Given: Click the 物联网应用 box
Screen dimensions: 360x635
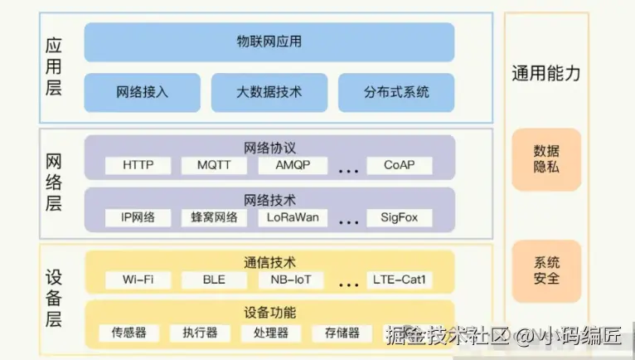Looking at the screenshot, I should coord(269,41).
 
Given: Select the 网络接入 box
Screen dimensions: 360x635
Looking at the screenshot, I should coord(142,92).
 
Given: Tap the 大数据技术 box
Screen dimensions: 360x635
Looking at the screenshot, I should coord(269,92).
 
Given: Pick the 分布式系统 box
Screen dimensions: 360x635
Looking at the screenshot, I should coord(396,92).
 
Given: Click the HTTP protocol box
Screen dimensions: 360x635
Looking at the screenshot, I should coord(138,165).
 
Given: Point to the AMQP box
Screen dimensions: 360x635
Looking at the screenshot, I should coord(293,165).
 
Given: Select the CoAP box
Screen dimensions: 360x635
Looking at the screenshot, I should coord(400,165).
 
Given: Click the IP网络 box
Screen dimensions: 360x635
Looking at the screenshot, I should coord(138,218).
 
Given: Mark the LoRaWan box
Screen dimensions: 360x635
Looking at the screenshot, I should coord(293,218).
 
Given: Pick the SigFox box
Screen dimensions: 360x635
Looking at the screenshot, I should coord(400,218).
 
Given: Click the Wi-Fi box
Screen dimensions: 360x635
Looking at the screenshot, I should coord(138,280).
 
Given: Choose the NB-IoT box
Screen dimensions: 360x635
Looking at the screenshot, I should coord(291,280).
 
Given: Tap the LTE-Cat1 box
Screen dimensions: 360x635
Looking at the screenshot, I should coord(400,280).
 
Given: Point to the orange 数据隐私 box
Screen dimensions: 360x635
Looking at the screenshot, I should coord(546,159).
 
